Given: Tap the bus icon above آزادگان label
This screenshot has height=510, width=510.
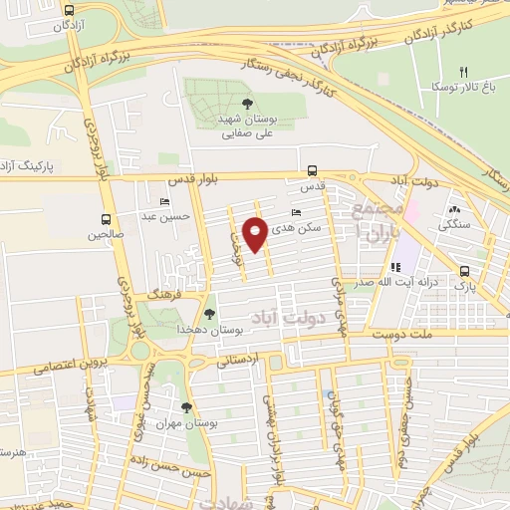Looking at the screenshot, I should (x=68, y=9).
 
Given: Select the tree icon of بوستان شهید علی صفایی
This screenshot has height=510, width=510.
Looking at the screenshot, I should (x=246, y=104).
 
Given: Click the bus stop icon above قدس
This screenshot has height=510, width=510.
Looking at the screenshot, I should (x=313, y=169).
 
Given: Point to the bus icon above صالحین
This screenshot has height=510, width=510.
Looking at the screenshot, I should (x=107, y=220).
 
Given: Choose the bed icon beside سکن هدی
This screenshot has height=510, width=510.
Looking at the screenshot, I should (x=295, y=212).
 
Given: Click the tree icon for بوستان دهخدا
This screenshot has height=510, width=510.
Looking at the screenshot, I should (x=208, y=314).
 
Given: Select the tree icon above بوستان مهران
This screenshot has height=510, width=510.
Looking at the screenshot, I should (x=187, y=406).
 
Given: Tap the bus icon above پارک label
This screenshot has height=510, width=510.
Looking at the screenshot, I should (x=465, y=271).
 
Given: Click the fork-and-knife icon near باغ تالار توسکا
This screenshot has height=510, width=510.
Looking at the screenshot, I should (x=463, y=72).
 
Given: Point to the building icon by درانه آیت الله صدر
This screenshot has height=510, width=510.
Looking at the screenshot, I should (x=394, y=266).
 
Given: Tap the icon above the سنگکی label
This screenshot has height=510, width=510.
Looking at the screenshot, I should (x=454, y=209).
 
